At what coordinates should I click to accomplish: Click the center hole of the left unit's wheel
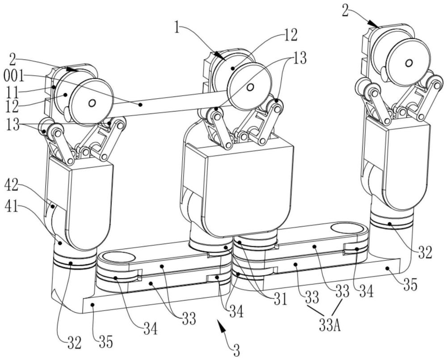(92, 103)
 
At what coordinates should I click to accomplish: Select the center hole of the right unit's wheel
(408, 63)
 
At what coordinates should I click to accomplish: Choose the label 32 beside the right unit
(426, 254)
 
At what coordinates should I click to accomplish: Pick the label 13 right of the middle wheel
(299, 58)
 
